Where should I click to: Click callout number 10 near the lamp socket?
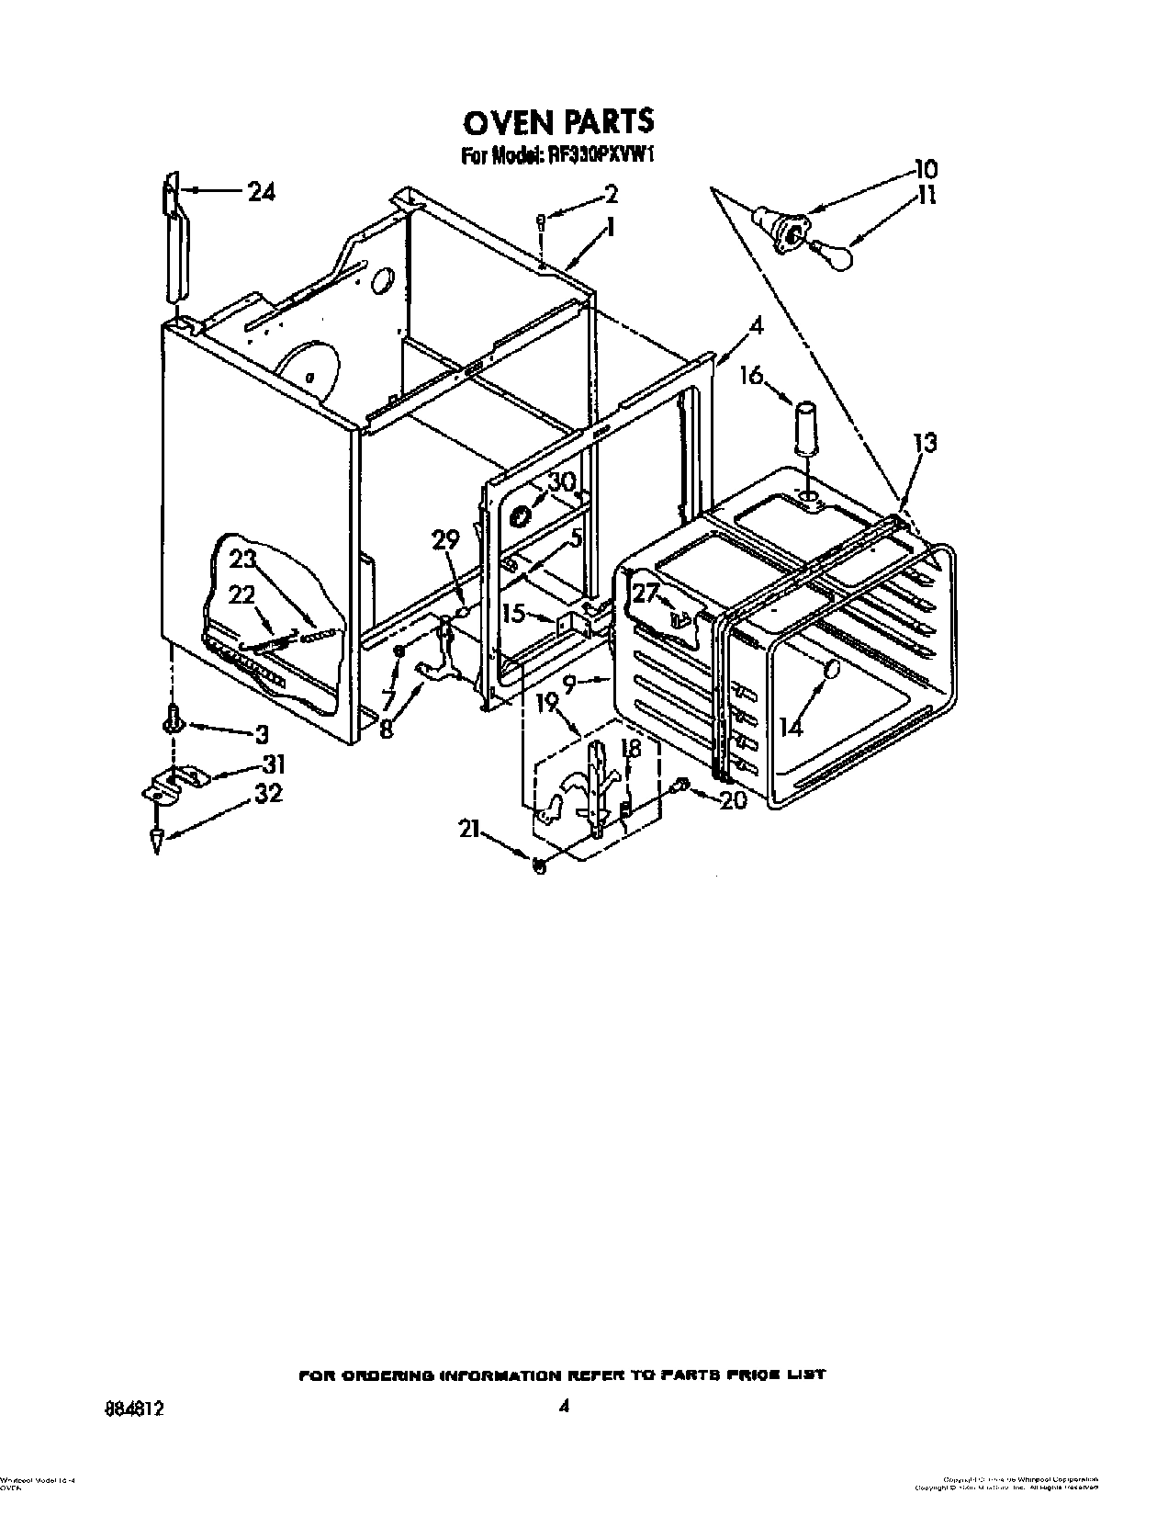pos(924,169)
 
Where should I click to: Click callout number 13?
pos(925,444)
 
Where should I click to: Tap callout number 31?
pos(273,764)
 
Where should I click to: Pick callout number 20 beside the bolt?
pos(734,799)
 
